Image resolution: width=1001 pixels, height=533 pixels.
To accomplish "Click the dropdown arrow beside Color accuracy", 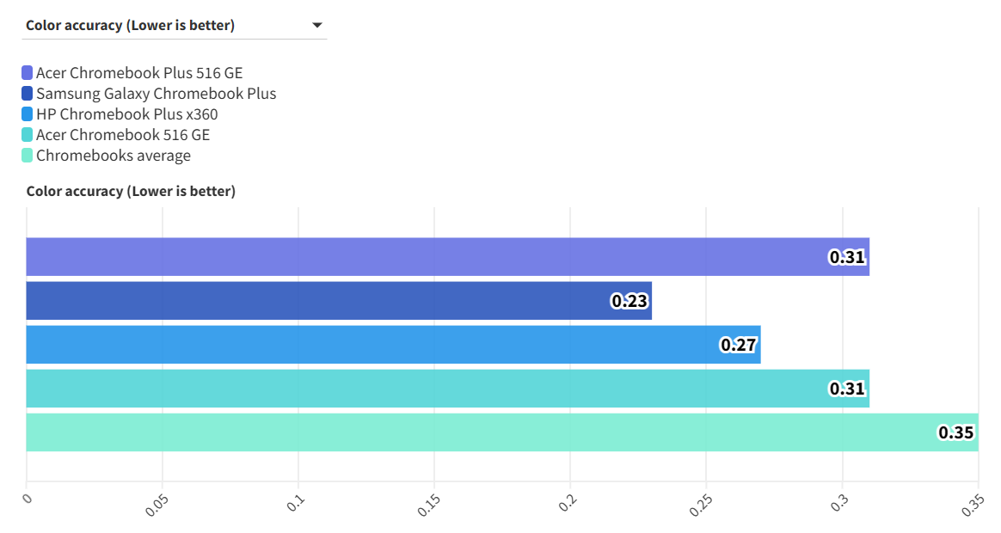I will click(x=317, y=26).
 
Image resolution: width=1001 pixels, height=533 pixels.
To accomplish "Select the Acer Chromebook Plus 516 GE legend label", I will click(x=139, y=73).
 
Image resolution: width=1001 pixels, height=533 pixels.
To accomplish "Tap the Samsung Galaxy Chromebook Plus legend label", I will click(x=156, y=94).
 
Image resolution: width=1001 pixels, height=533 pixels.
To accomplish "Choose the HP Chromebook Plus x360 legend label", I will click(x=126, y=114).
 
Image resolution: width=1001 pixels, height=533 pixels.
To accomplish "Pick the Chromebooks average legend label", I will click(x=114, y=156).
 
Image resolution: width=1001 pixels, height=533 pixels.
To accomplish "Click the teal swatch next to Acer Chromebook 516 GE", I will click(x=28, y=135).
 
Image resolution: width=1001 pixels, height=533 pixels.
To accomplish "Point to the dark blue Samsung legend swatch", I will click(x=28, y=94).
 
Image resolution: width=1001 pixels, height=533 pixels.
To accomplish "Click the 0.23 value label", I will click(x=629, y=301).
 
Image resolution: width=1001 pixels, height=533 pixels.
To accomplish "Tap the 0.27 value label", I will click(x=738, y=345).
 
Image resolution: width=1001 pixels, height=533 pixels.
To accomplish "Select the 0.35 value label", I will click(x=955, y=432).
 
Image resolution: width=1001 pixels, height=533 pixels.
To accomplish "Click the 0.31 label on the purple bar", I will click(x=847, y=257).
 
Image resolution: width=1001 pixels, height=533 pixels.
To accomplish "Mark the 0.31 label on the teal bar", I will click(x=847, y=389).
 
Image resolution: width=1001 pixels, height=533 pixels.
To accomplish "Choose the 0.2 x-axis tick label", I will click(x=566, y=503).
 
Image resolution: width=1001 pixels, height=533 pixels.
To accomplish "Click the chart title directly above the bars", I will click(x=131, y=191).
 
